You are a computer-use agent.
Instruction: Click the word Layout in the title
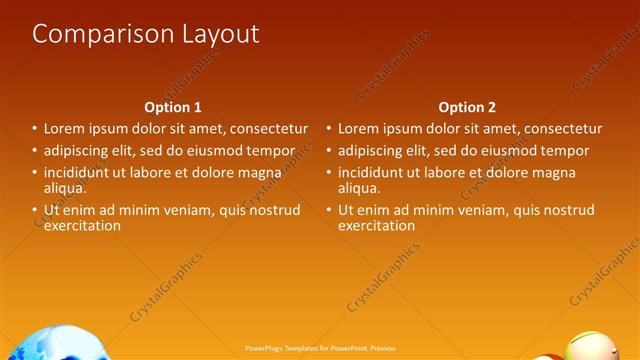(216, 34)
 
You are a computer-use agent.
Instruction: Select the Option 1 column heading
(173, 107)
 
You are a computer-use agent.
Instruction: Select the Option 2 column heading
(467, 107)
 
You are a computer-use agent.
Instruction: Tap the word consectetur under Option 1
(265, 129)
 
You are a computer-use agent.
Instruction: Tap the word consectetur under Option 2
(559, 129)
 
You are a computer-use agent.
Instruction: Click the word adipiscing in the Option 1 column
(78, 151)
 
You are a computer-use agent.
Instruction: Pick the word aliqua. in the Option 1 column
(65, 188)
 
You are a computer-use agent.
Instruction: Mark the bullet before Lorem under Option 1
(34, 129)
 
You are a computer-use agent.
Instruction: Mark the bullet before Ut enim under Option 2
(328, 210)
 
